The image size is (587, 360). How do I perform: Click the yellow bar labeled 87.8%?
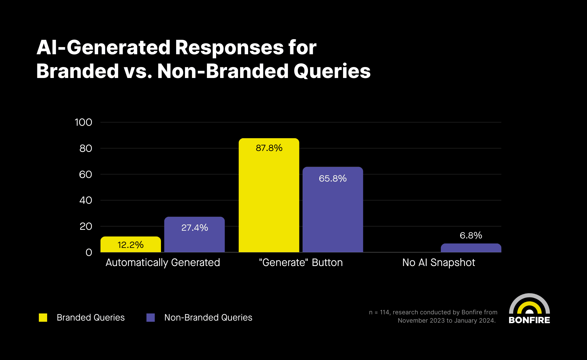(x=269, y=196)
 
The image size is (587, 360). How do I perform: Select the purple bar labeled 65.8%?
(x=333, y=211)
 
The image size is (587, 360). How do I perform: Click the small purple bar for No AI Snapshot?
(x=471, y=248)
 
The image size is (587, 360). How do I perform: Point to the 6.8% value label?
(x=471, y=235)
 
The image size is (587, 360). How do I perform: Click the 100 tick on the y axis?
(x=83, y=122)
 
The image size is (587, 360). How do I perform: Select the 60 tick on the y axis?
(x=85, y=174)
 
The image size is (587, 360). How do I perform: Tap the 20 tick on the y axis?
(x=86, y=227)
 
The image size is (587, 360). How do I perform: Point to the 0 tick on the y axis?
(x=89, y=252)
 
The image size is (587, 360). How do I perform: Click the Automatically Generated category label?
(x=163, y=262)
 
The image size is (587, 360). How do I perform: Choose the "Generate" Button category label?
(x=301, y=262)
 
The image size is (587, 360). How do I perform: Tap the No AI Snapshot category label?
(x=438, y=262)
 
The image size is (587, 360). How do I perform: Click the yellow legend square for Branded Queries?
(x=43, y=318)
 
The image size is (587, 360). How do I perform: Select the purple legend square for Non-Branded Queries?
(x=151, y=318)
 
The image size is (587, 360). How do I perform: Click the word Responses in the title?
(x=229, y=47)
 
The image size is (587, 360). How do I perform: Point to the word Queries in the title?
(x=332, y=71)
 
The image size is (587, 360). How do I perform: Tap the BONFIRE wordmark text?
(x=529, y=320)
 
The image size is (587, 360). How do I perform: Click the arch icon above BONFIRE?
(x=529, y=304)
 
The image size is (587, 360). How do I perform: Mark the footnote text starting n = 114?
(x=433, y=316)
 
